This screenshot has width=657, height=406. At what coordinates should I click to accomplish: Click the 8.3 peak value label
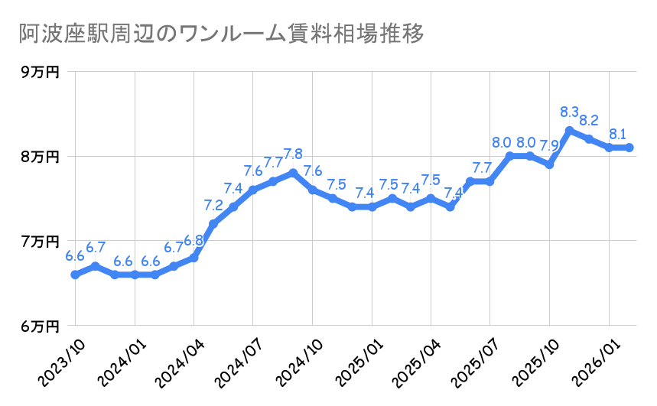570,112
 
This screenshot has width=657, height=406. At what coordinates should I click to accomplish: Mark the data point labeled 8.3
570,130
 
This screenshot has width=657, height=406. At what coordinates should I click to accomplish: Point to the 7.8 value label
293,154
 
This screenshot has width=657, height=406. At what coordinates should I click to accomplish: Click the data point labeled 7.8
293,173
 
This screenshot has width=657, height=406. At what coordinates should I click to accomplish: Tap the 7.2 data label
213,205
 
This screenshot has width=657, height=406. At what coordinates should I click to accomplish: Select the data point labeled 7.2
213,223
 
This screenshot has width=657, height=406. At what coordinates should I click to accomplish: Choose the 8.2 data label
590,121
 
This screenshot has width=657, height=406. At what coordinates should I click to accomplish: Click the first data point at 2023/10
75,274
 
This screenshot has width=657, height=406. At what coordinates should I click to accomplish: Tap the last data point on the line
629,148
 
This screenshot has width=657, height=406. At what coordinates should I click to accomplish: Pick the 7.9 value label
549,145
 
